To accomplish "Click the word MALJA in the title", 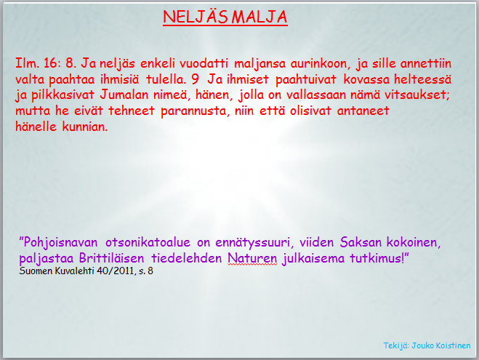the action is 259,17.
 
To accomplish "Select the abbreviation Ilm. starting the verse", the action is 27,63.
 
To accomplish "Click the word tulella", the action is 166,79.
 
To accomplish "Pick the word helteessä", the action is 422,79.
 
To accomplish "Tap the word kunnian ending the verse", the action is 85,127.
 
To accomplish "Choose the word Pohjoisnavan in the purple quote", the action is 60,242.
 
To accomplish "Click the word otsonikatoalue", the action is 148,242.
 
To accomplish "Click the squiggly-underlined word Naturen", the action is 252,258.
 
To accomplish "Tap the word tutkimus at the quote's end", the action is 377,258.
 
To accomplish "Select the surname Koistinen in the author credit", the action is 454,345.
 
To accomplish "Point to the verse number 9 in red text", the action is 195,79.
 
